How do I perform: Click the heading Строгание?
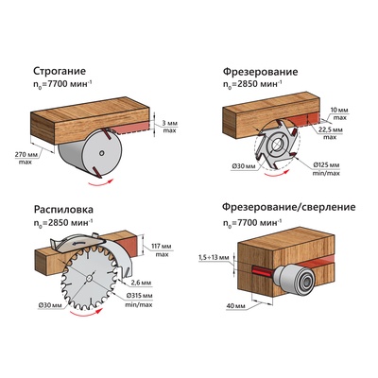(x=60, y=71)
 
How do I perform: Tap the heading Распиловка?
(x=63, y=210)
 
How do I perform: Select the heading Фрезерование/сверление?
(x=289, y=207)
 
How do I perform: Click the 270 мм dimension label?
(x=26, y=154)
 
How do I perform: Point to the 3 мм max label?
(x=169, y=127)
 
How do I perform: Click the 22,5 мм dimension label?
(x=332, y=129)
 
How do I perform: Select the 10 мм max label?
(x=339, y=113)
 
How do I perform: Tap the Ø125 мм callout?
(x=326, y=165)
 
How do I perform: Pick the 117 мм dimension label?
(x=162, y=246)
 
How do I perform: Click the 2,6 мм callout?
(x=141, y=283)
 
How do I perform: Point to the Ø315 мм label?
(x=139, y=296)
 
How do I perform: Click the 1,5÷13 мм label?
(x=214, y=258)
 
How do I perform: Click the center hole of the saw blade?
(x=89, y=278)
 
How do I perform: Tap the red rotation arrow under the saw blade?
(x=86, y=312)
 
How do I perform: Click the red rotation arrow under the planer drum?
(x=100, y=182)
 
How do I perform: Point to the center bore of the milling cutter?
(x=276, y=144)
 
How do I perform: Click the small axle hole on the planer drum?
(x=101, y=153)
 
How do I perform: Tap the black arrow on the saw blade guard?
(x=77, y=243)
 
